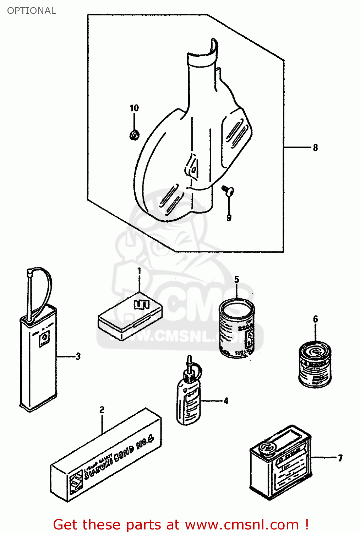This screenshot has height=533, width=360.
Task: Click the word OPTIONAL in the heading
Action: click(x=32, y=11)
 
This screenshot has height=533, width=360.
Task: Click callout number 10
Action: click(x=134, y=108)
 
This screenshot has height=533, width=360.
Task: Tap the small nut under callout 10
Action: click(x=134, y=135)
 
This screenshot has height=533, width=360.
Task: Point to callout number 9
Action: click(x=229, y=217)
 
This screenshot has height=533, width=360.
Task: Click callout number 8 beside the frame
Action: click(x=315, y=147)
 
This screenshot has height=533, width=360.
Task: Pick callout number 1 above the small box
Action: click(x=139, y=271)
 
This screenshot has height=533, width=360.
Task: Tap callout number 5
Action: click(x=237, y=280)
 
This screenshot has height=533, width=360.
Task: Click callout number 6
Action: click(x=315, y=319)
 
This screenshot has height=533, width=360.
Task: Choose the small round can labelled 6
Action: click(x=315, y=364)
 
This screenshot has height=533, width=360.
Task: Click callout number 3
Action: click(x=78, y=356)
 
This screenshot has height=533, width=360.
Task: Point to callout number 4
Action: click(x=226, y=401)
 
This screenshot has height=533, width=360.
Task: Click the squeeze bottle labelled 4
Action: click(x=188, y=402)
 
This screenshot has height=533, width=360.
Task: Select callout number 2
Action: click(x=102, y=410)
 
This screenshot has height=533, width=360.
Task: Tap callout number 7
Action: click(x=340, y=458)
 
